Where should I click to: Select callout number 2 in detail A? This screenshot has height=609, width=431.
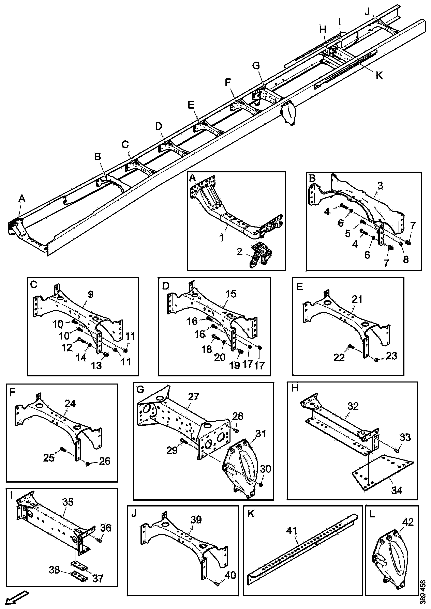[240, 252]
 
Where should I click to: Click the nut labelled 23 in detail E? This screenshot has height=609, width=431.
[376, 360]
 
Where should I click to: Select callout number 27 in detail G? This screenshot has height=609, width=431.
[193, 396]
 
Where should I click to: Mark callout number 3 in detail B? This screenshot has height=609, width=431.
[380, 186]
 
